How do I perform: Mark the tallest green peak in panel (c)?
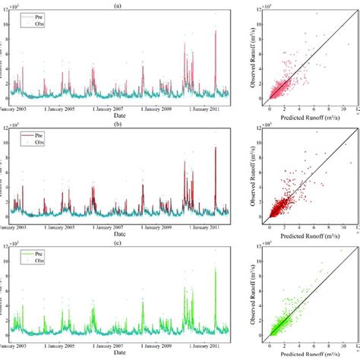point(215,267)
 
